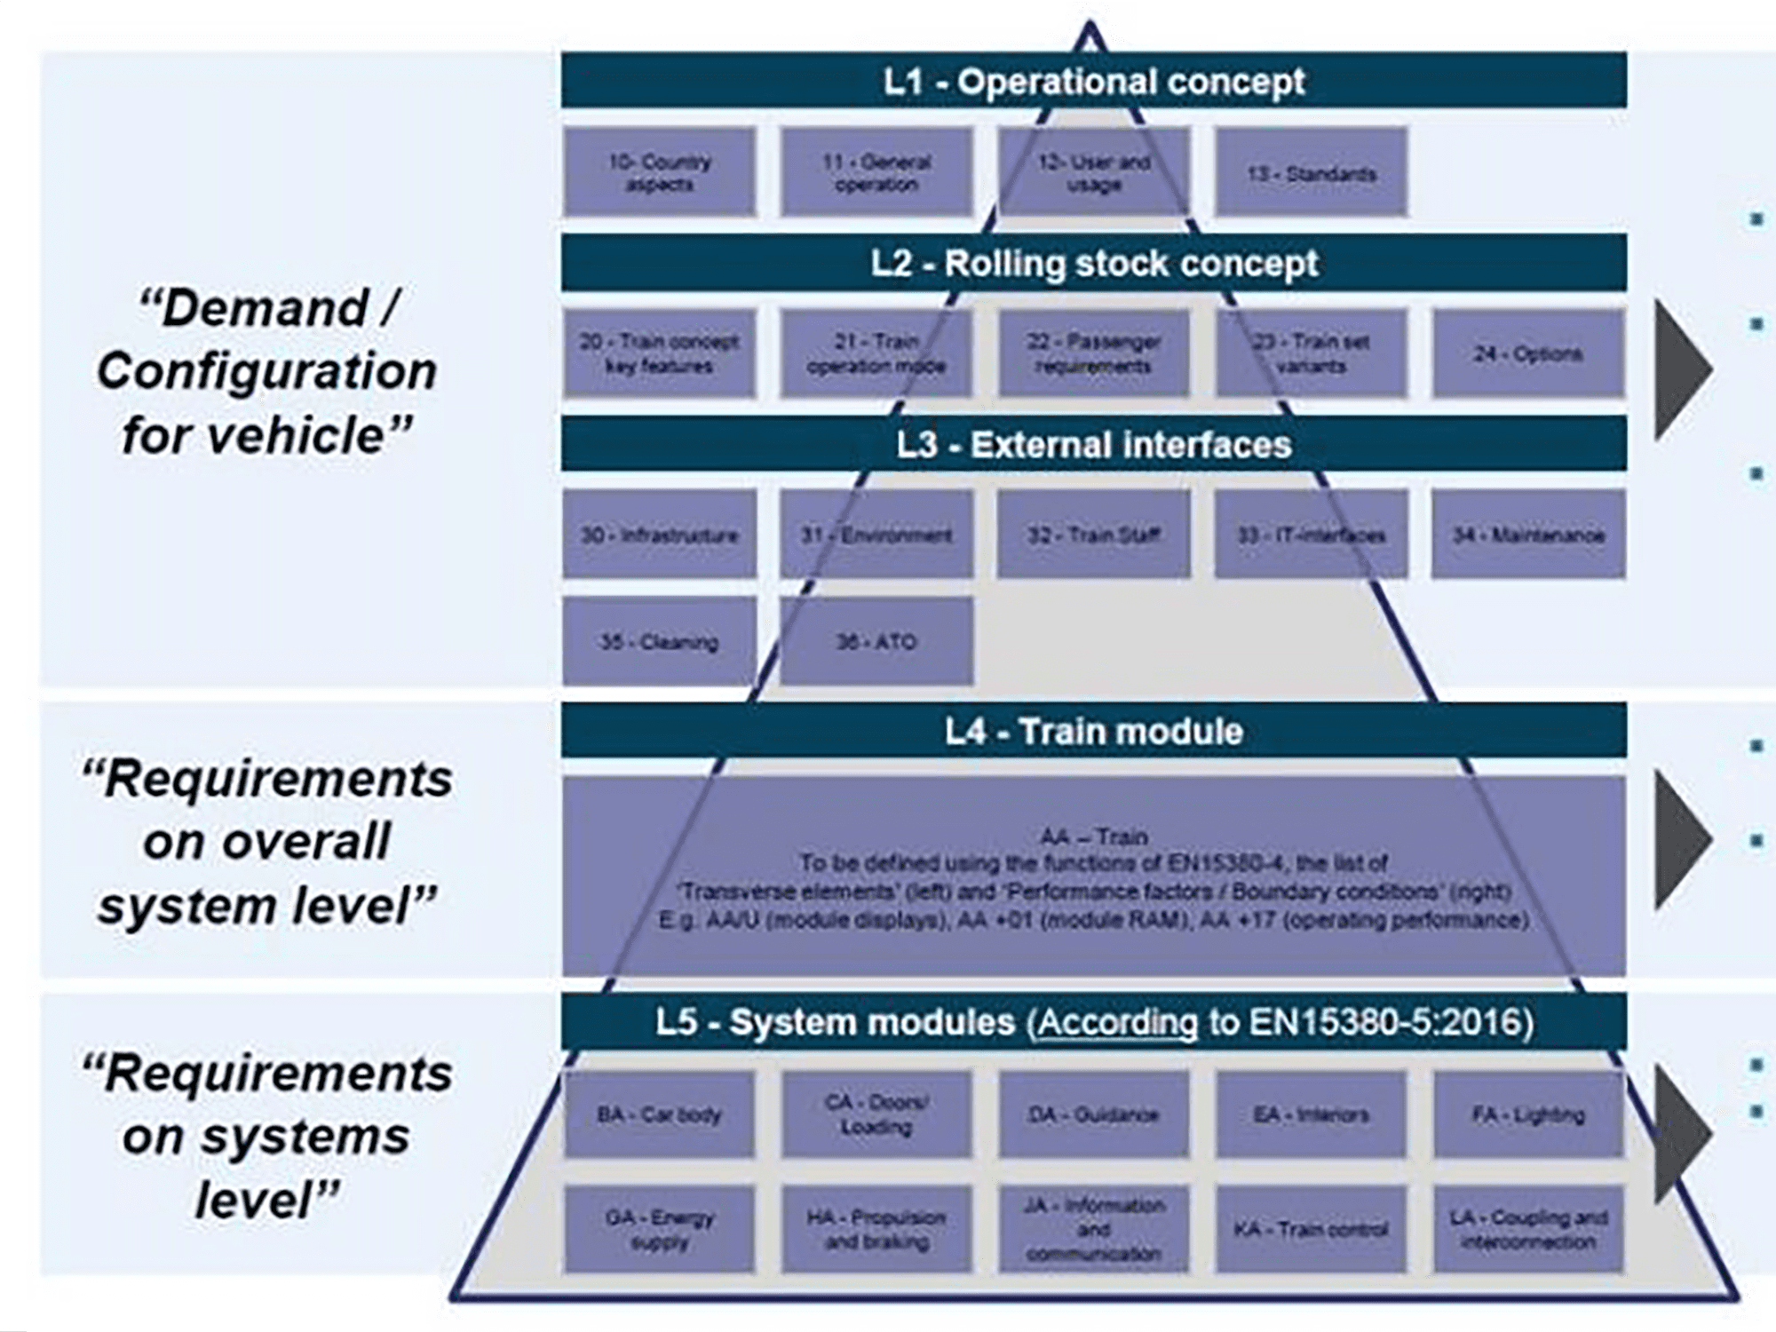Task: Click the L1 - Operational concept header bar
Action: tap(1093, 81)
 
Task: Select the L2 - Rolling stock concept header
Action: tap(1093, 263)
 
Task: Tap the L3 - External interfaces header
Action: tap(1093, 444)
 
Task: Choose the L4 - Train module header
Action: tap(1093, 731)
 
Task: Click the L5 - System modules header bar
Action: tap(1093, 1022)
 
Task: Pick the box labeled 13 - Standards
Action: tap(1311, 172)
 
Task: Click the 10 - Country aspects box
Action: tap(659, 172)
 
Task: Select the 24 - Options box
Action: tap(1527, 353)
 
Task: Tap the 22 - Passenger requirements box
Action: tap(1093, 353)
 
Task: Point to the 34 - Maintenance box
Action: tap(1527, 535)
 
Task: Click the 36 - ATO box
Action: tap(876, 641)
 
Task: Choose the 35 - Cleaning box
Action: tap(659, 641)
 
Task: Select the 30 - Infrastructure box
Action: tap(659, 535)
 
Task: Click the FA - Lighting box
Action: tap(1527, 1114)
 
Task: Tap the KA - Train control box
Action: tap(1311, 1229)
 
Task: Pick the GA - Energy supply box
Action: tap(659, 1229)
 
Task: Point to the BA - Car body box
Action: tap(659, 1114)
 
